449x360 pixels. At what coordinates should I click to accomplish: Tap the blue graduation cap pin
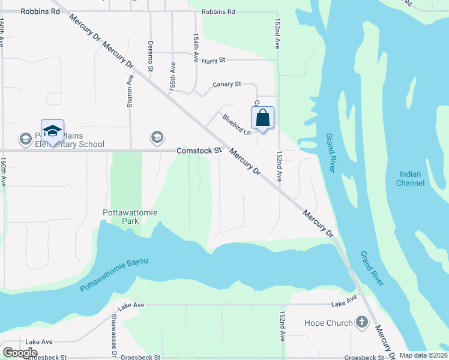tap(52, 131)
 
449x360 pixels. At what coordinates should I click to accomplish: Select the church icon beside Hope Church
tap(361, 323)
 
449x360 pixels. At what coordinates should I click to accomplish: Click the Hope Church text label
tap(328, 323)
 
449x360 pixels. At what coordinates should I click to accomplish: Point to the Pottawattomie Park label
tap(121, 217)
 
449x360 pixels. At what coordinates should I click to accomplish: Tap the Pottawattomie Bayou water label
tap(113, 275)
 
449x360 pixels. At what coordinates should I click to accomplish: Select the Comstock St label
tap(195, 151)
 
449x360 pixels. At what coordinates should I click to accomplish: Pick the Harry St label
tap(213, 60)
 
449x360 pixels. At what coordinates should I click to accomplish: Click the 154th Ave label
tap(196, 48)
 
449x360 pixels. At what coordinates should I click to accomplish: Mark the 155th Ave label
tap(173, 76)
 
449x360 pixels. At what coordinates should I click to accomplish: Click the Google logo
tap(20, 352)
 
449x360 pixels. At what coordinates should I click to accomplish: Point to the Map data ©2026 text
tap(423, 355)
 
